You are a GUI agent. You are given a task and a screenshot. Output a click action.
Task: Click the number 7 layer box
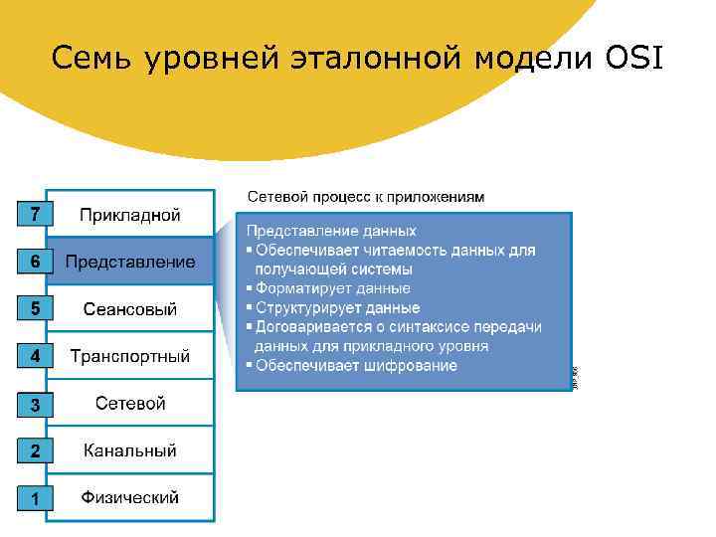point(35,214)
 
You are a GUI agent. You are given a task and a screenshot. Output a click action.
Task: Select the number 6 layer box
point(35,262)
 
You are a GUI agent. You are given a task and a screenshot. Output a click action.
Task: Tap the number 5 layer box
point(35,309)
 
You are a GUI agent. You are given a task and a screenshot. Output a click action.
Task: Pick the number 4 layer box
point(35,356)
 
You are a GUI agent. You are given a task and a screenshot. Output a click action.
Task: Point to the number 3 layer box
point(35,405)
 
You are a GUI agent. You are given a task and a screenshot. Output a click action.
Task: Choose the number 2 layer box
point(35,450)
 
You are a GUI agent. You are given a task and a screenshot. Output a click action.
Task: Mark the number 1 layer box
point(35,498)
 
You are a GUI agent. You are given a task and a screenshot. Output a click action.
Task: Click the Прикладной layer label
point(130,214)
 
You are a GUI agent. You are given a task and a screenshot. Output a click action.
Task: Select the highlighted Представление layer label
point(130,262)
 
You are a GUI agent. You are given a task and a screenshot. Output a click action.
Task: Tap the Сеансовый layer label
point(130,309)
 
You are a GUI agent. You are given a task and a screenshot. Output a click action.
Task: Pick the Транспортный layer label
point(130,356)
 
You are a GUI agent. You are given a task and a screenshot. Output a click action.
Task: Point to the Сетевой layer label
point(130,403)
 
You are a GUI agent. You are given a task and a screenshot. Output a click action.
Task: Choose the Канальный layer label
point(130,450)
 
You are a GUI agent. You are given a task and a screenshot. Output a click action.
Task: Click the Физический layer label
point(130,497)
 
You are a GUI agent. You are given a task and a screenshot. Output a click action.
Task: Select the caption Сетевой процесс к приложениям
point(365,197)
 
